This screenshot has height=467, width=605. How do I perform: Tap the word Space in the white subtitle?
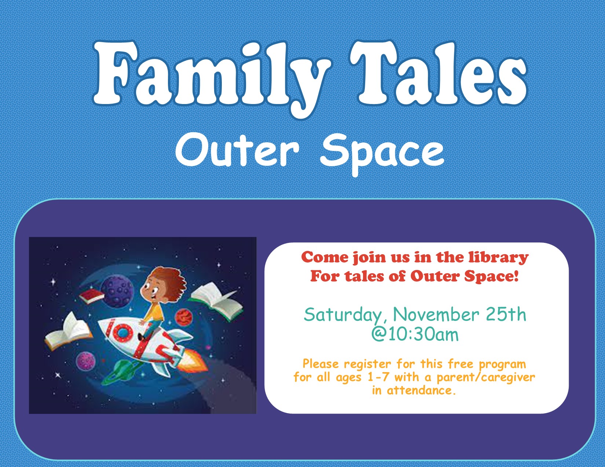click(382, 154)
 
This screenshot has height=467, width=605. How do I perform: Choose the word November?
click(436, 314)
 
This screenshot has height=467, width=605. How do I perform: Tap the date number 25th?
click(506, 314)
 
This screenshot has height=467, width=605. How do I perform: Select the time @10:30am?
click(415, 334)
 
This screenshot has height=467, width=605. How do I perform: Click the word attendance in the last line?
click(421, 390)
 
